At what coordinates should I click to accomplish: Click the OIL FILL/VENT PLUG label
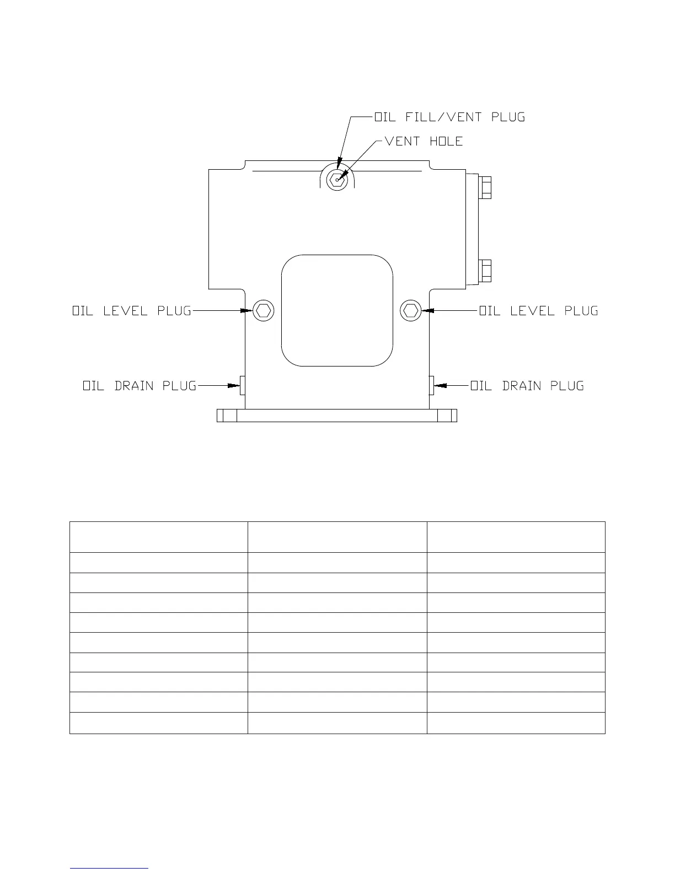click(x=449, y=117)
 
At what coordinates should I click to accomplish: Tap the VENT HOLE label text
click(x=424, y=141)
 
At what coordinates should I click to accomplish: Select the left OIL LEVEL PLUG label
click(x=132, y=311)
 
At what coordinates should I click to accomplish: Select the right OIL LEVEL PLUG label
click(x=538, y=311)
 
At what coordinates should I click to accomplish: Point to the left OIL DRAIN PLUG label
click(x=140, y=386)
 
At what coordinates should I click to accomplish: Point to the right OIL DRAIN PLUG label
click(x=527, y=386)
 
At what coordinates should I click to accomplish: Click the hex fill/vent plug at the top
click(x=336, y=179)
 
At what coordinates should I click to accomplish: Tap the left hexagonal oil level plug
click(x=264, y=311)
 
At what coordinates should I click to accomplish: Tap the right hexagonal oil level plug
click(x=410, y=311)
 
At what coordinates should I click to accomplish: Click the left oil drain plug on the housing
click(x=242, y=386)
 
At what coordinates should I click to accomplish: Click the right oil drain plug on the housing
click(x=431, y=386)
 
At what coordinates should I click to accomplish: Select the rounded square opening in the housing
click(x=337, y=310)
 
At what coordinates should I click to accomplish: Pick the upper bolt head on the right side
click(x=486, y=187)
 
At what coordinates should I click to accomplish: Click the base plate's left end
click(x=227, y=416)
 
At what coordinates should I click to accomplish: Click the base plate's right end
click(x=448, y=416)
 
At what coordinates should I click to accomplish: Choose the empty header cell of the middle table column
click(x=337, y=537)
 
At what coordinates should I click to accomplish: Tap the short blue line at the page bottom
click(x=109, y=869)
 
